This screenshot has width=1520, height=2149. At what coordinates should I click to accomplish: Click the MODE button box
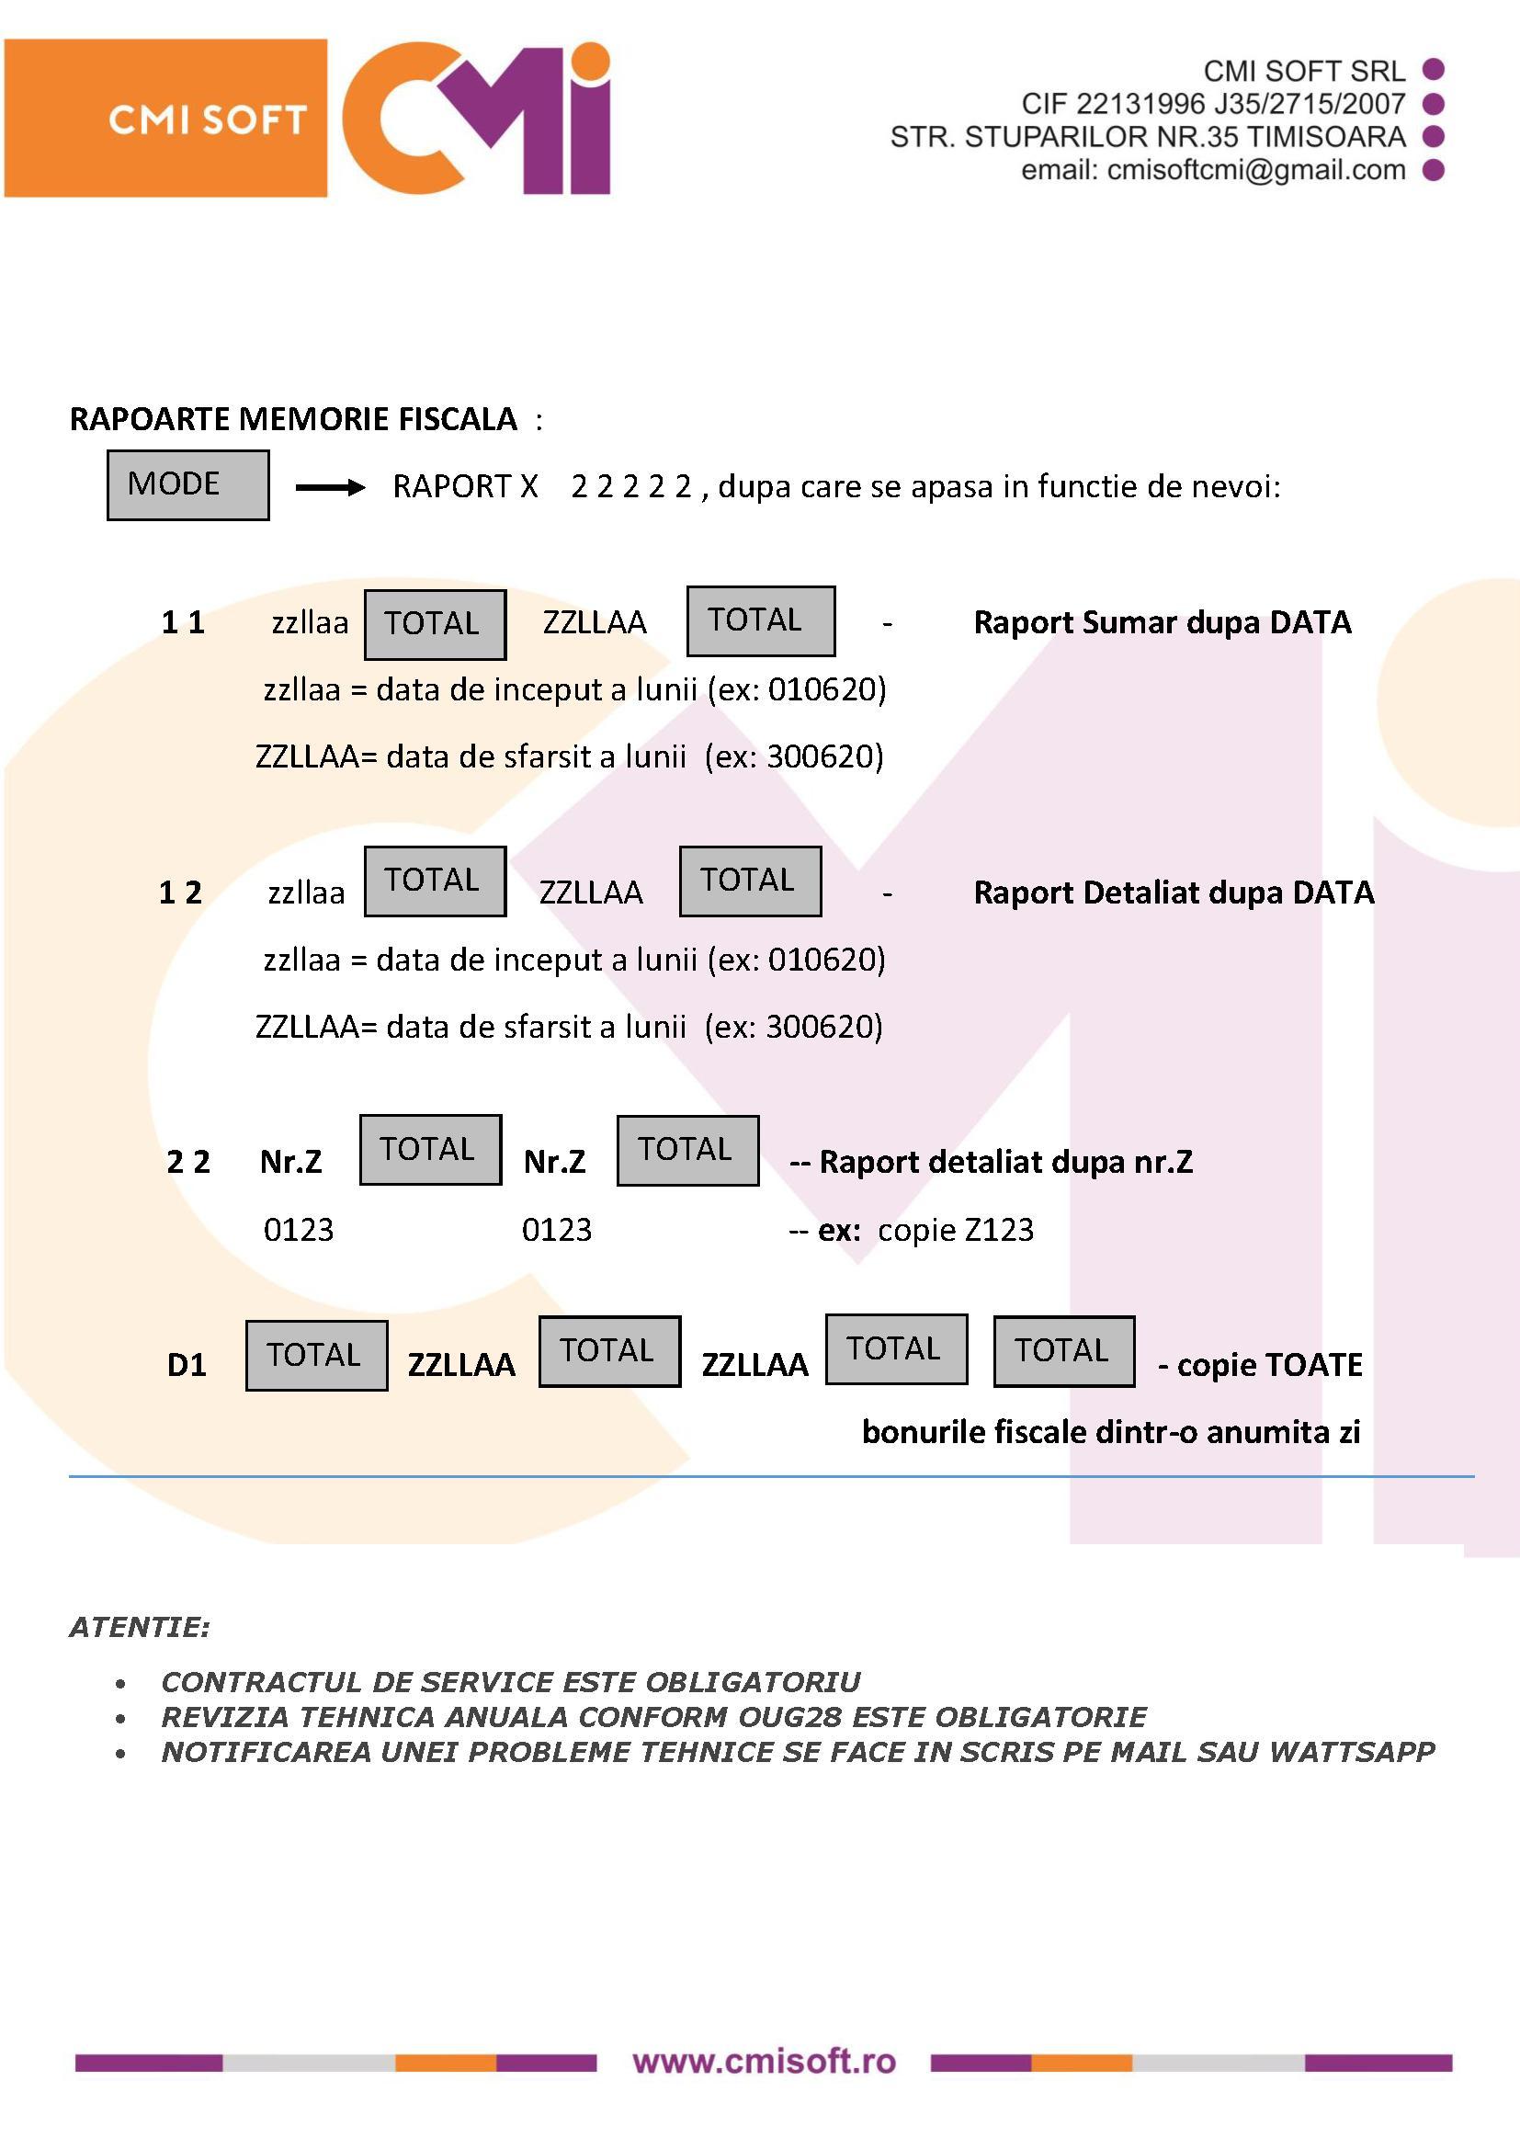pyautogui.click(x=188, y=484)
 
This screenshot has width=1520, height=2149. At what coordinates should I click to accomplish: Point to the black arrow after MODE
pyautogui.click(x=330, y=487)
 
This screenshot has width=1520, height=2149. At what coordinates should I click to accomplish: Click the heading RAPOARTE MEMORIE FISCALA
pyautogui.click(x=293, y=418)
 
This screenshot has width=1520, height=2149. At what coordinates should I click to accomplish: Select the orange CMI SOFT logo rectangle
pyautogui.click(x=165, y=118)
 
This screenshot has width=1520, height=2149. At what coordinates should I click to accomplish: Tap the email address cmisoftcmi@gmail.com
pyautogui.click(x=1256, y=170)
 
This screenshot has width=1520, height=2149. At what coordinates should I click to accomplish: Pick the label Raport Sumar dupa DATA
pyautogui.click(x=1163, y=622)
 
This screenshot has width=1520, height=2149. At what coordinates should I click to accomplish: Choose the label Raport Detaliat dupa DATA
pyautogui.click(x=1174, y=892)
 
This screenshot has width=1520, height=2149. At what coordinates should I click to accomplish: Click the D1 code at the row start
pyautogui.click(x=187, y=1365)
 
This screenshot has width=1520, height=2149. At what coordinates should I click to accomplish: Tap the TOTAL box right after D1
pyautogui.click(x=316, y=1355)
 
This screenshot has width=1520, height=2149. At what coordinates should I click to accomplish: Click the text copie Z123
pyautogui.click(x=956, y=1229)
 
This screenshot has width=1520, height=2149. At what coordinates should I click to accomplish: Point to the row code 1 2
pyautogui.click(x=180, y=892)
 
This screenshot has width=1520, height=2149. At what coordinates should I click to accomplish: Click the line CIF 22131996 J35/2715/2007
pyautogui.click(x=1213, y=104)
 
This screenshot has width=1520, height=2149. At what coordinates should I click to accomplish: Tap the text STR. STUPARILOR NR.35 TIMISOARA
pyautogui.click(x=1148, y=137)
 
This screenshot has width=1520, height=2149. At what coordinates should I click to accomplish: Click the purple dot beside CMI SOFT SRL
pyautogui.click(x=1433, y=69)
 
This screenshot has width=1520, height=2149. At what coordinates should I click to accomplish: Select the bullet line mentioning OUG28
pyautogui.click(x=653, y=1717)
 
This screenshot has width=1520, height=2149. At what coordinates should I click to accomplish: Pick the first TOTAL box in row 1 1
pyautogui.click(x=436, y=624)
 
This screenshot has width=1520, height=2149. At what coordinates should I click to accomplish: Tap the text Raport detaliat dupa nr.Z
pyautogui.click(x=1006, y=1162)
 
